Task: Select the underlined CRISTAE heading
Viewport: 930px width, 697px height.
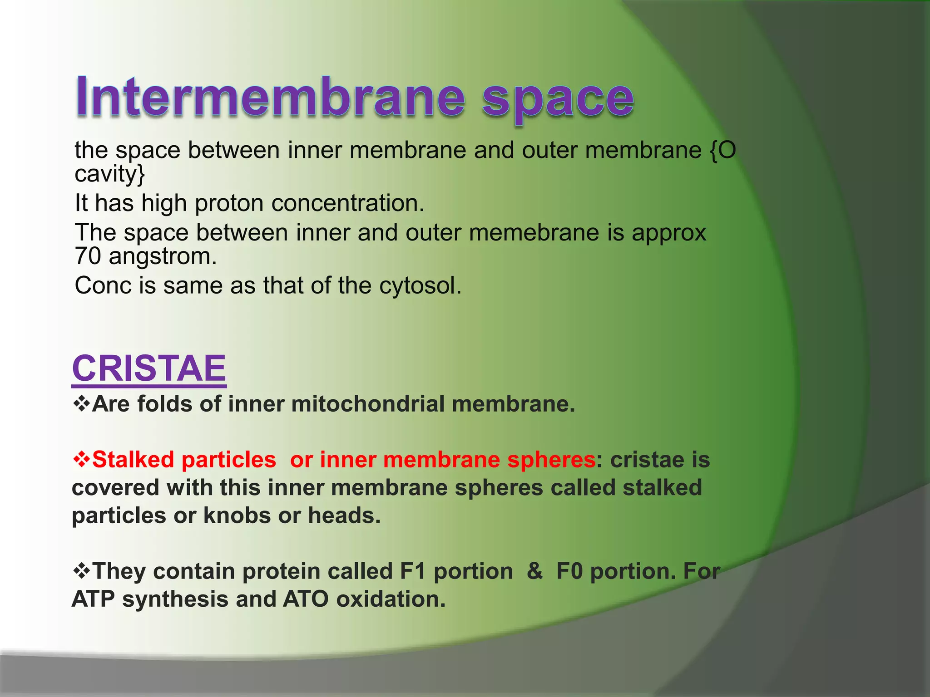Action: click(x=149, y=368)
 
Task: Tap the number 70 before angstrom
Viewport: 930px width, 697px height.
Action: click(x=88, y=256)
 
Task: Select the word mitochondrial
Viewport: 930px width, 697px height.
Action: click(x=368, y=404)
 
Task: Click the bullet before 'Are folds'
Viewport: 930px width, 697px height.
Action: click(x=81, y=403)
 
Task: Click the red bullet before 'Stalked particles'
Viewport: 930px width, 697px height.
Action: click(x=81, y=459)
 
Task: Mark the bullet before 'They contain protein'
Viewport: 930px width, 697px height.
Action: click(x=81, y=570)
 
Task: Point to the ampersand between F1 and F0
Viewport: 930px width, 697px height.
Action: click(x=535, y=571)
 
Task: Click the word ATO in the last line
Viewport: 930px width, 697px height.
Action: click(x=306, y=599)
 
